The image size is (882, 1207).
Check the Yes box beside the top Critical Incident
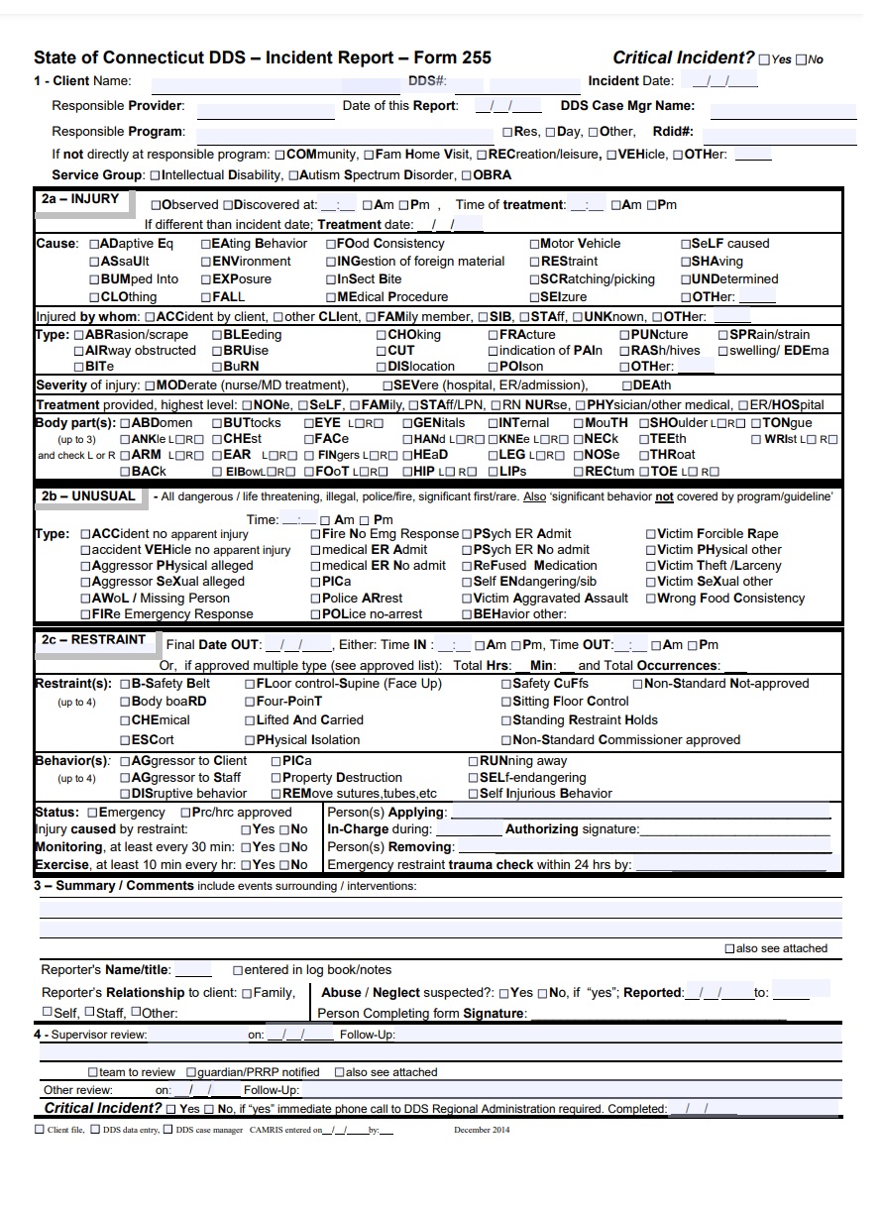[764, 60]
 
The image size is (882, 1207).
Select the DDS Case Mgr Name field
[782, 107]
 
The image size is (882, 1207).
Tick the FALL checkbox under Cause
[207, 297]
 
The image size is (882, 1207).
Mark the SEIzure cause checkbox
[534, 297]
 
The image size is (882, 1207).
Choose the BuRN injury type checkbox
[217, 367]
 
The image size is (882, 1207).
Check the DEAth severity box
[628, 385]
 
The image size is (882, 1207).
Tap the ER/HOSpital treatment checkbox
[743, 405]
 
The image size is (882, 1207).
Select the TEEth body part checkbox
[644, 439]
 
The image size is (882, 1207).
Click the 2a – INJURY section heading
[79, 199]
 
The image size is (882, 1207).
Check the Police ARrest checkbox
[316, 599]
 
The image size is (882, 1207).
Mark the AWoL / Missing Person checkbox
[86, 599]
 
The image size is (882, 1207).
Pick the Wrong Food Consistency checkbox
[651, 599]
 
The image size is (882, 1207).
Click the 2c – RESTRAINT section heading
[93, 640]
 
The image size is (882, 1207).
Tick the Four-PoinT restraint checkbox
[250, 702]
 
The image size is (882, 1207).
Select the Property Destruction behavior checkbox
[276, 778]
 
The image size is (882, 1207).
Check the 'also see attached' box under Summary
[729, 949]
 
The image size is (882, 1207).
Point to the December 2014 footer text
[482, 1130]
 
